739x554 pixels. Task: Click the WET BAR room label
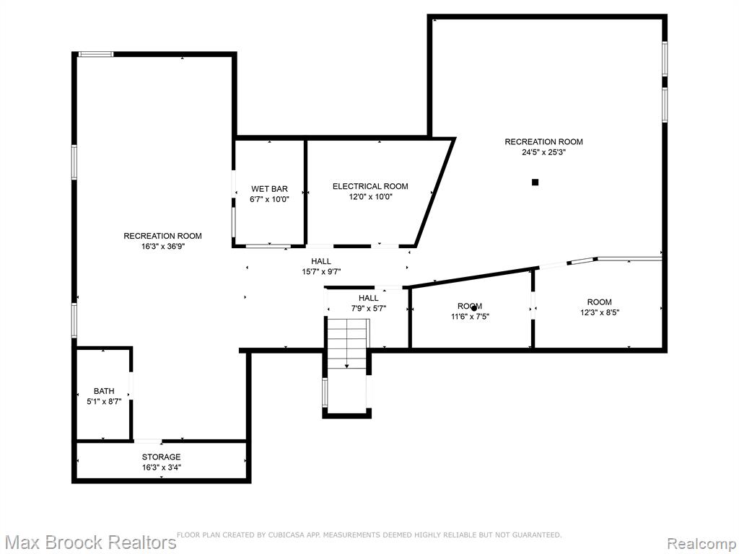(x=269, y=190)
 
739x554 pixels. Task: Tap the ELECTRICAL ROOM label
(x=370, y=187)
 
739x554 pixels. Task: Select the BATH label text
(x=104, y=391)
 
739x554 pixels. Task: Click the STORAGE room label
(x=161, y=457)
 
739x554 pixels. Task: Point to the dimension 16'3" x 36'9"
(x=162, y=247)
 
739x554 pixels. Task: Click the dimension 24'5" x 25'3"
(x=543, y=152)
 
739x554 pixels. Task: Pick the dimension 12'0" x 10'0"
(x=371, y=197)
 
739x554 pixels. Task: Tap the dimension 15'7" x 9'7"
(x=321, y=272)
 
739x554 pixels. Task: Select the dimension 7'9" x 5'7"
(x=369, y=309)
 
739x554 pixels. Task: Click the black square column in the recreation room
(x=535, y=183)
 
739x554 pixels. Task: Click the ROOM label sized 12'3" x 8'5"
(x=600, y=302)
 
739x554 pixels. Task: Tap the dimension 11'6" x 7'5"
(x=470, y=317)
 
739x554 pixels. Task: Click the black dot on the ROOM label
(x=473, y=308)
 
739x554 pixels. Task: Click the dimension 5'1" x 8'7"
(x=104, y=401)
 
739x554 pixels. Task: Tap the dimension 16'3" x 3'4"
(x=162, y=467)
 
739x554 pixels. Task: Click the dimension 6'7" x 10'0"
(x=269, y=199)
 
